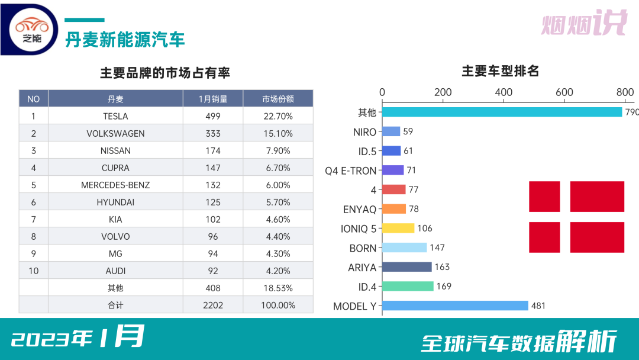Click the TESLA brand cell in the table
[115, 116]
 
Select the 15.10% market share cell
[277, 133]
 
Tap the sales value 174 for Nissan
[213, 150]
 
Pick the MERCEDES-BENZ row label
[115, 185]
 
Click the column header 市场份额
[277, 99]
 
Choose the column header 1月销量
[213, 99]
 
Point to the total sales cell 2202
[213, 305]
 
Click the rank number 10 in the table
[34, 271]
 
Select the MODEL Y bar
[455, 306]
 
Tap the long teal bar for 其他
[502, 112]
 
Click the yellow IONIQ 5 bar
[398, 228]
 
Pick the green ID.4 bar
[408, 286]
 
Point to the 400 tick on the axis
[504, 92]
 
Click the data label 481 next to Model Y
[538, 306]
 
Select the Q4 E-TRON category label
[350, 171]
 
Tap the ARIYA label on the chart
[362, 267]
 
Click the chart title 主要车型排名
[500, 72]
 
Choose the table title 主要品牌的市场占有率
[165, 73]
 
